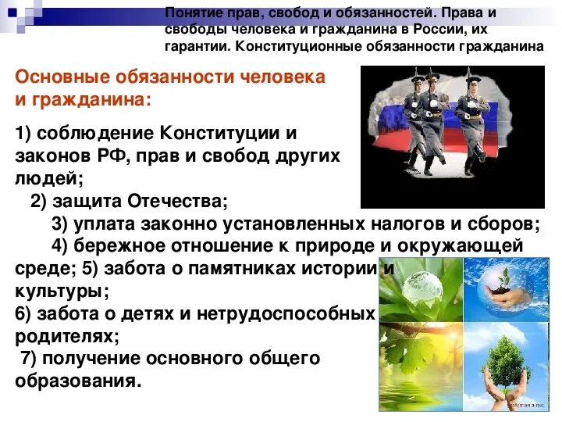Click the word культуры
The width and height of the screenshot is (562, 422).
pos(59,291)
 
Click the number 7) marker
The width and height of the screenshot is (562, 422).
pos(29,359)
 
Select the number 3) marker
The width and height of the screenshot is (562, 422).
pos(61,224)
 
